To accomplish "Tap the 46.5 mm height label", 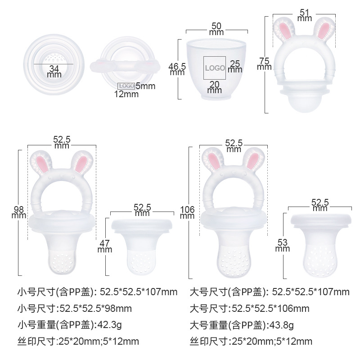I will (x=177, y=69).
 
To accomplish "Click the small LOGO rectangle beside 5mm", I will (x=126, y=85).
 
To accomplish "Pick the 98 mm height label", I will (x=18, y=212).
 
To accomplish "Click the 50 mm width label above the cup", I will (x=216, y=30).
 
